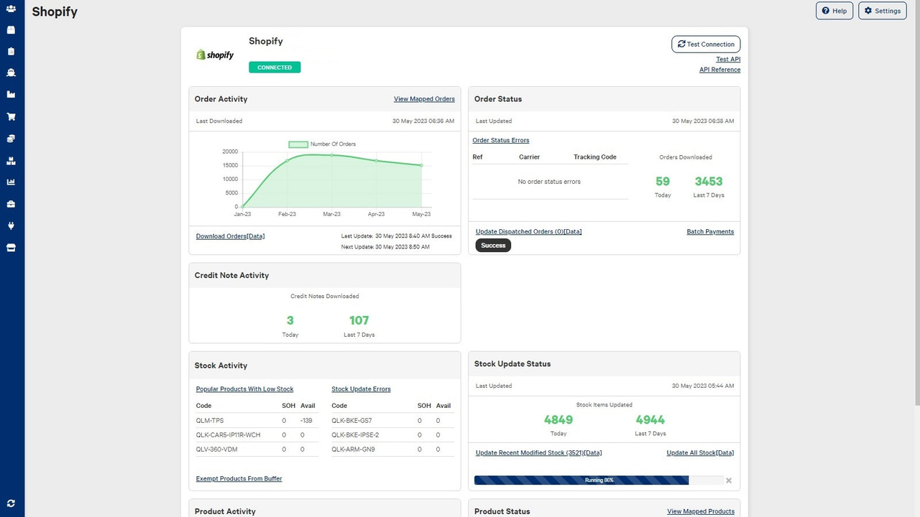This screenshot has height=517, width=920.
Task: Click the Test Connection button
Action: [x=706, y=45]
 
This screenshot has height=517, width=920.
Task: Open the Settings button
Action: [x=882, y=11]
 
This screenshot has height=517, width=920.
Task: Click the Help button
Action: [x=834, y=11]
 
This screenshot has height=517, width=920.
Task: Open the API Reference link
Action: [x=719, y=70]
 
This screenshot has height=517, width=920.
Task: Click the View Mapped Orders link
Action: [x=424, y=99]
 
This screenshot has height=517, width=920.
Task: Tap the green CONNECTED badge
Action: [x=275, y=67]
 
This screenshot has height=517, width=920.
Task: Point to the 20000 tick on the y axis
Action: [x=230, y=152]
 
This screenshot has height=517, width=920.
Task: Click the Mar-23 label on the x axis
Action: [x=331, y=214]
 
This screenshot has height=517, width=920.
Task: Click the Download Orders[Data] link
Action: [x=230, y=236]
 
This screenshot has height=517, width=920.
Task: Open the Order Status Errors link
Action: [x=500, y=141]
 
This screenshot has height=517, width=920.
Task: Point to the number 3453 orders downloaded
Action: [x=708, y=182]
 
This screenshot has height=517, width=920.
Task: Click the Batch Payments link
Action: [x=710, y=232]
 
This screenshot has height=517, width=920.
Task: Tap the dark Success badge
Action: [x=493, y=246]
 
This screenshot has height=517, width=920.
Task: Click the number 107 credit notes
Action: [x=359, y=320]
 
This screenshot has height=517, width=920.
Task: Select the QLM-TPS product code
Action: [x=210, y=420]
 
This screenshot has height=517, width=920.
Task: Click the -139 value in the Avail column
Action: [x=305, y=420]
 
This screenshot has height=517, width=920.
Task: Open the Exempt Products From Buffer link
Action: [x=239, y=479]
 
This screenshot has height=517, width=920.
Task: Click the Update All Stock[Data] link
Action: [x=700, y=453]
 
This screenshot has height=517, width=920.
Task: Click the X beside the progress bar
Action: [x=729, y=480]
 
